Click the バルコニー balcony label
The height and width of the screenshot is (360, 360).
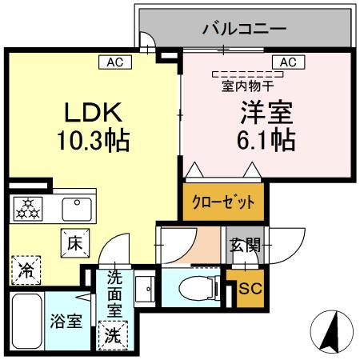coord(243,30)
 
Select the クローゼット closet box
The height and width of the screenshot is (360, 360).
coord(223,202)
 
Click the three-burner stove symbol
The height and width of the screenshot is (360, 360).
coord(30,209)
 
